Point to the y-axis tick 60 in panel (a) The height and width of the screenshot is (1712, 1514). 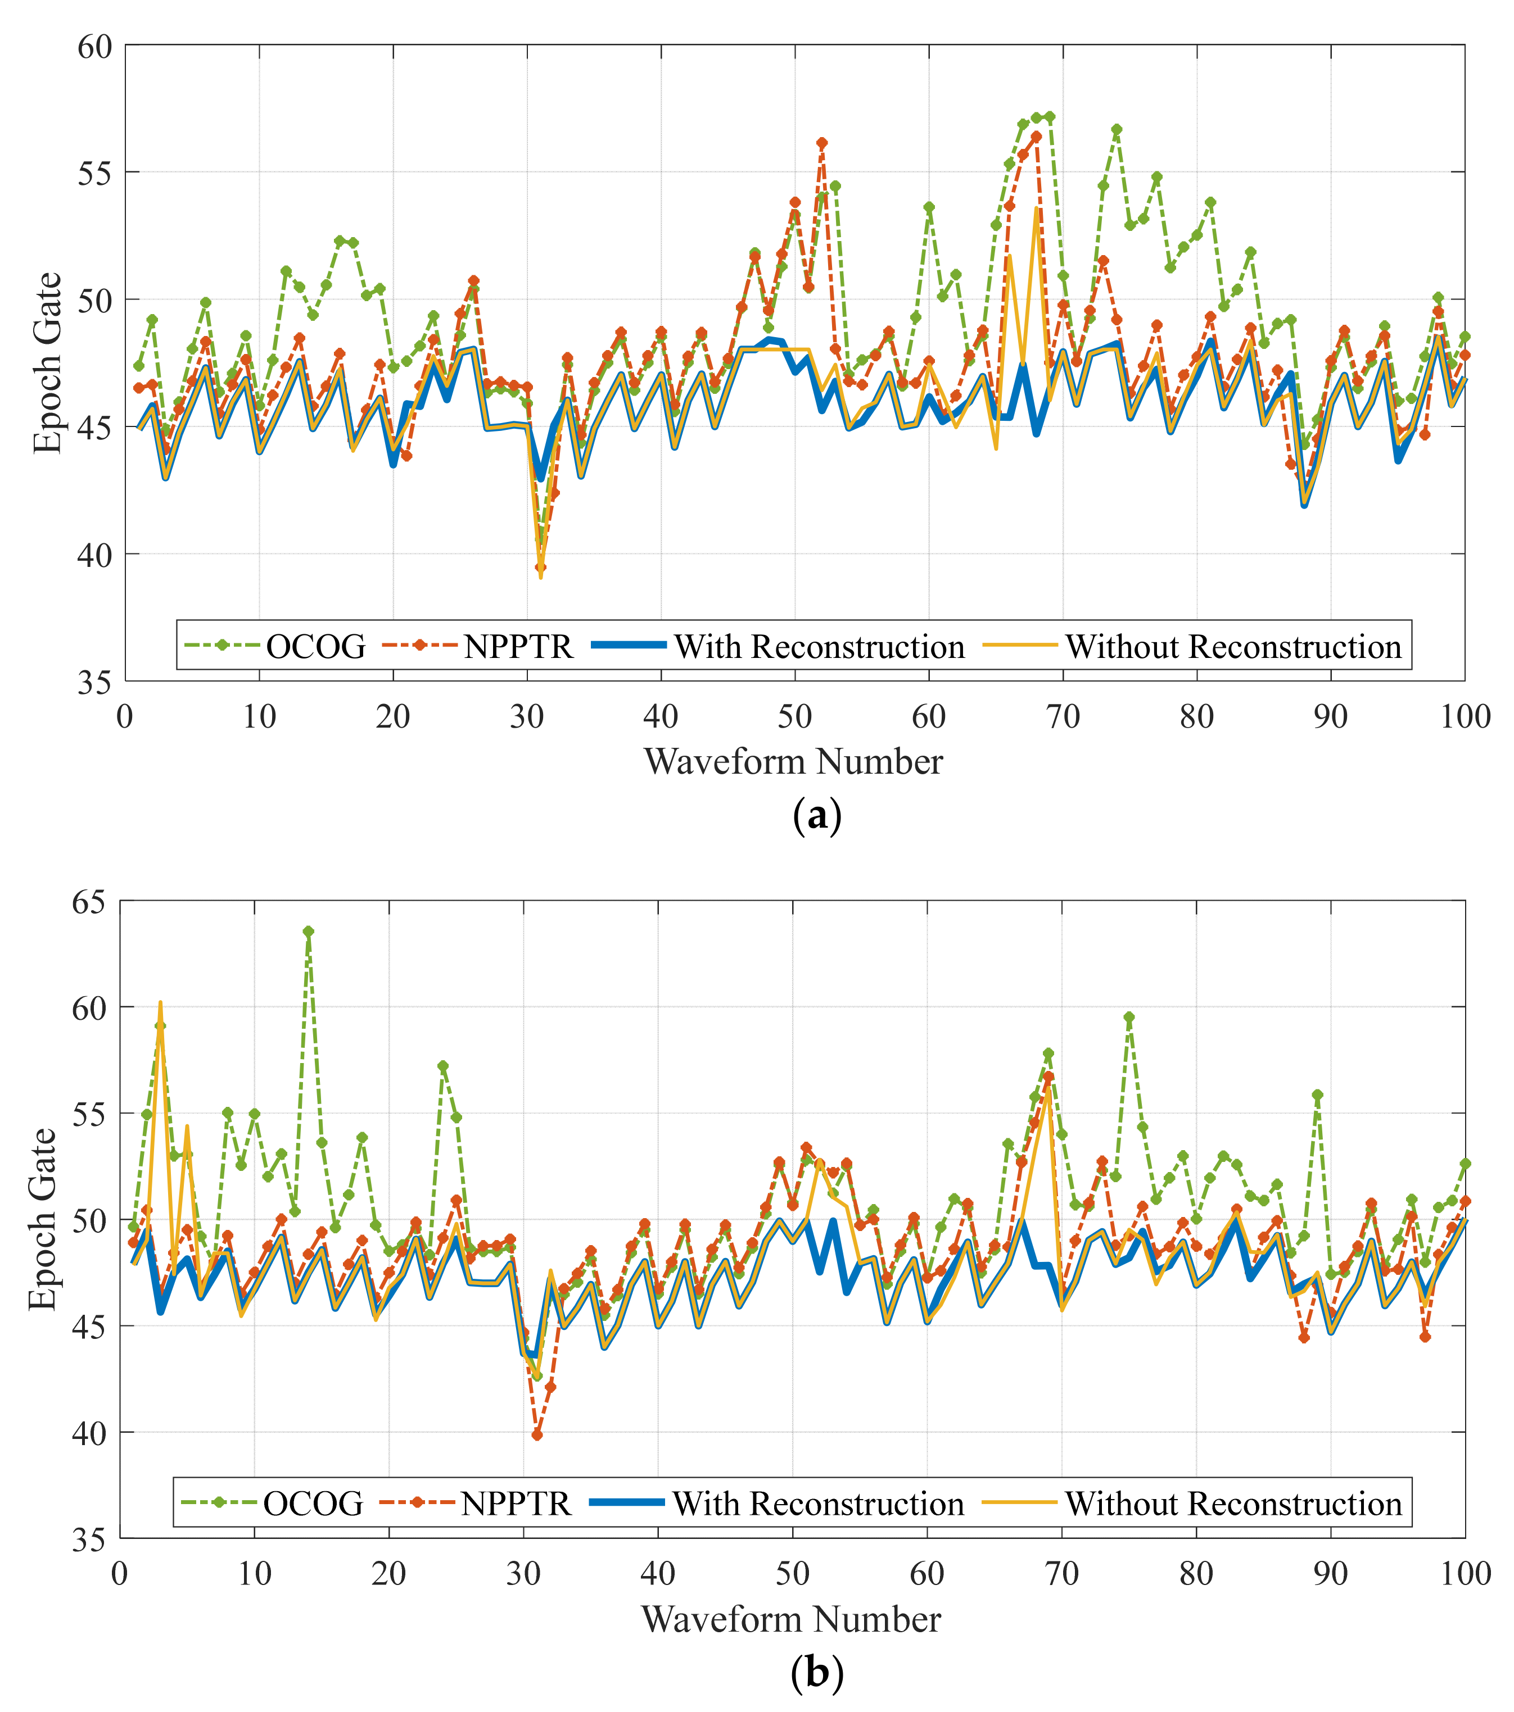point(94,46)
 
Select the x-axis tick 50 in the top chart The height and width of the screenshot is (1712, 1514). point(794,717)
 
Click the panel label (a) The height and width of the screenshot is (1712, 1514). point(816,815)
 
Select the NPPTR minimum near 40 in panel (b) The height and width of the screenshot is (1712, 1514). point(537,1435)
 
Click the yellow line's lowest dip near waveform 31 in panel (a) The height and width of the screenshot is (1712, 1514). point(540,576)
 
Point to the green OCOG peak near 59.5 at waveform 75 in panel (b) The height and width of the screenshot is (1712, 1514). point(1128,1017)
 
